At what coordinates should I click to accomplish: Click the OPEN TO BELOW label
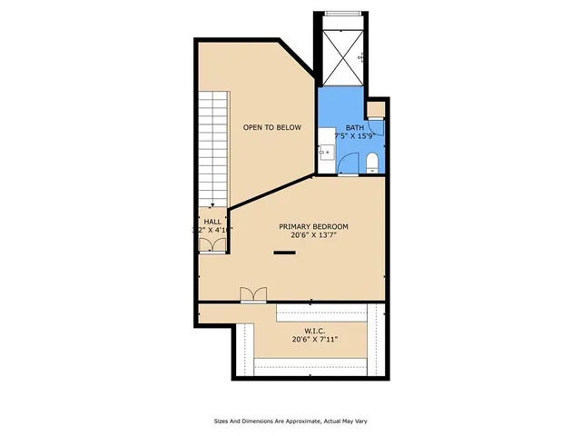pos(271,127)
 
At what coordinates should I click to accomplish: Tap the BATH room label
pos(354,127)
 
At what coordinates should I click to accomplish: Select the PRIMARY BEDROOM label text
pos(313,226)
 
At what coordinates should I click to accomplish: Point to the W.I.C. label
pos(313,331)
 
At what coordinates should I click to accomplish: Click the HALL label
pos(212,221)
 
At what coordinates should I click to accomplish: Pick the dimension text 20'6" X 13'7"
pos(313,236)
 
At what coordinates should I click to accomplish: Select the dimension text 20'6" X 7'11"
pos(313,341)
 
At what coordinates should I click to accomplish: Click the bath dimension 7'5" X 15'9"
pos(354,136)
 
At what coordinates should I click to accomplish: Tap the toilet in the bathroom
pos(372,163)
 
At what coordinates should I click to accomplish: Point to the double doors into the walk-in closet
pos(253,293)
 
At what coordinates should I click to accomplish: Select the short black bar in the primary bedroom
pos(286,253)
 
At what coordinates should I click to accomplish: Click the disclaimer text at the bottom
pos(290,421)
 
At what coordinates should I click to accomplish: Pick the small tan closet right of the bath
pos(377,111)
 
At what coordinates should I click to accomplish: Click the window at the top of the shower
pos(341,14)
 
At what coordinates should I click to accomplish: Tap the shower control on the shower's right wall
pos(361,58)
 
